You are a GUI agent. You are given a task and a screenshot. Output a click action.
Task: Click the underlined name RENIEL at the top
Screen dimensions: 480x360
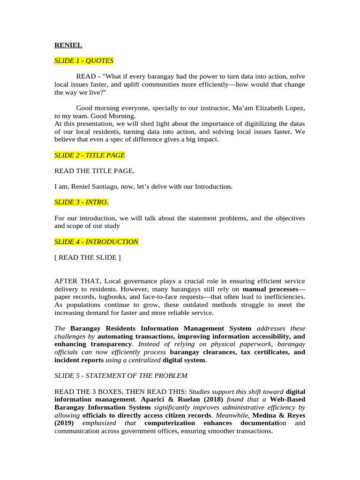(68, 45)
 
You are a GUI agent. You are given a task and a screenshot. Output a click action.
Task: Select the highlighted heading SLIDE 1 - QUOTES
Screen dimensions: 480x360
(84, 60)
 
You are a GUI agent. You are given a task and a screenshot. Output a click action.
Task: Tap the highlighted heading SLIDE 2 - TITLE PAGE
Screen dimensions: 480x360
(90, 155)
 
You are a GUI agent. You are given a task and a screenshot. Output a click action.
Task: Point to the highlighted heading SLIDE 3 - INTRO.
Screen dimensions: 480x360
(82, 202)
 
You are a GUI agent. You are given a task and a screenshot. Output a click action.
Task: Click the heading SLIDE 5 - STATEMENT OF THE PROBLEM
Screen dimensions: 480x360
(121, 375)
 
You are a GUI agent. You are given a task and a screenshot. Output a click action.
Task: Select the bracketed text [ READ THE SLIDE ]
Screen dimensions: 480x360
(88, 257)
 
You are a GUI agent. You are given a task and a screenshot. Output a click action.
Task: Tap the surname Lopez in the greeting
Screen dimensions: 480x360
(295, 108)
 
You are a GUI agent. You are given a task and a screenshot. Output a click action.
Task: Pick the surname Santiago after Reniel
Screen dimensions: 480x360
(112, 187)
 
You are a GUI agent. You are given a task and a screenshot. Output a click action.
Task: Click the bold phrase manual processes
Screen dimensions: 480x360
(270, 289)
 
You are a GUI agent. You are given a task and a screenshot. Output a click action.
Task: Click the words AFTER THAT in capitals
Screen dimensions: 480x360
(78, 281)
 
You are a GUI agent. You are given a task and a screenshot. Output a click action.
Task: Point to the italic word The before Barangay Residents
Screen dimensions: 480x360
(60, 329)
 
